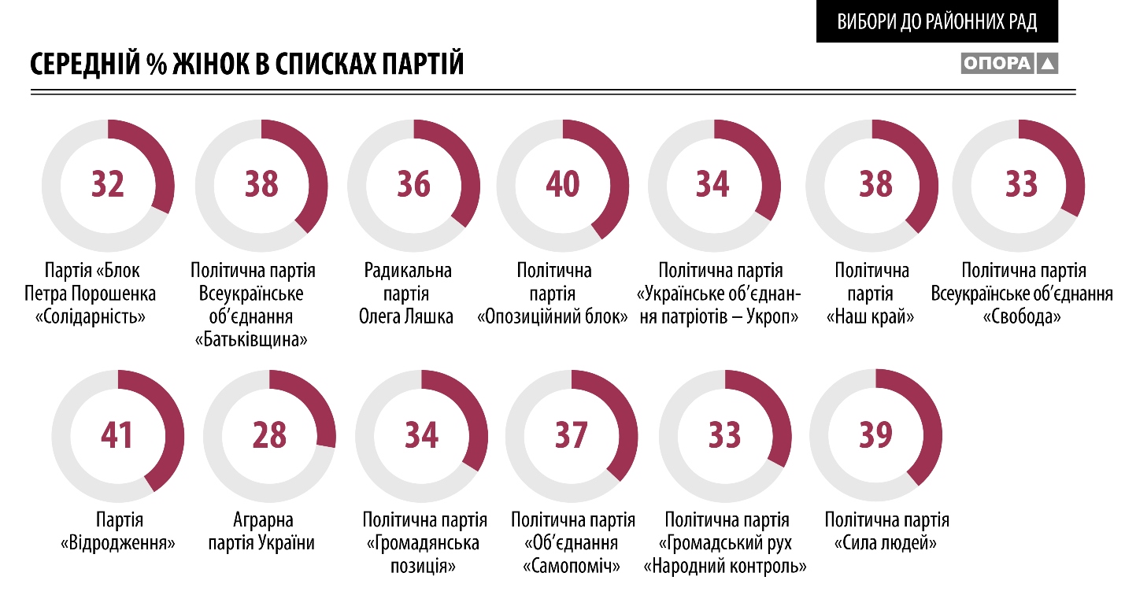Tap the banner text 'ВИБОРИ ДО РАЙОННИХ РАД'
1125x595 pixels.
(937, 21)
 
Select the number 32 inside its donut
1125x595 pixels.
(108, 184)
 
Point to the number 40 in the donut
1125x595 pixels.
(563, 184)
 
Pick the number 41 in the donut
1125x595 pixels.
(117, 434)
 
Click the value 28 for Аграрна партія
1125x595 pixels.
(269, 434)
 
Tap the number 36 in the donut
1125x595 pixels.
(413, 184)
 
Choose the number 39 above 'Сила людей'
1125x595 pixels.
(875, 434)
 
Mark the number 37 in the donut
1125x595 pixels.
(572, 434)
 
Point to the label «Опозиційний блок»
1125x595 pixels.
(553, 318)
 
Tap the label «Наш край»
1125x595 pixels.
(872, 318)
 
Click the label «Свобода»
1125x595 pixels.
(1022, 318)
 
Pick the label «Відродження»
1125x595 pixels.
(118, 543)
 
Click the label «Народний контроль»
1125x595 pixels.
(726, 566)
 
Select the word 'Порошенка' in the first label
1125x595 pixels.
(117, 294)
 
